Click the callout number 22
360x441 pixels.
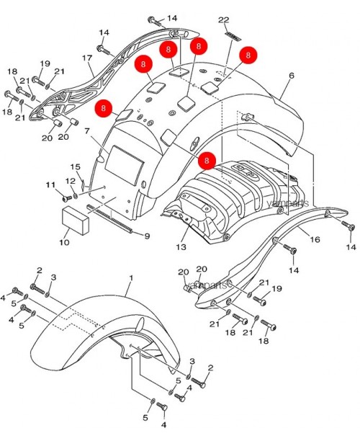tap(223, 19)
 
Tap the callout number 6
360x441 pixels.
tap(292, 76)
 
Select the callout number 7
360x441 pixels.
tap(87, 132)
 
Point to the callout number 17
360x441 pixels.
tap(87, 58)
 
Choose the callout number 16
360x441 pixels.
tap(315, 239)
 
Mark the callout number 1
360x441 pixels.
tap(131, 277)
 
